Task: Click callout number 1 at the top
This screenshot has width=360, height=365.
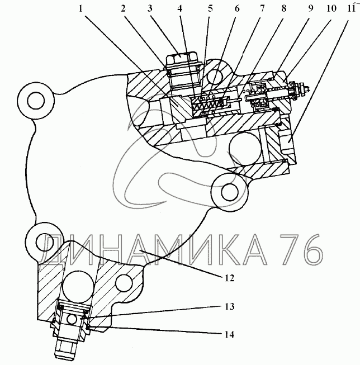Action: click(80, 9)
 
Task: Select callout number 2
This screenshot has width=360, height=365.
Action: click(123, 8)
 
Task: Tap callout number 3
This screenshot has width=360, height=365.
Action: click(150, 8)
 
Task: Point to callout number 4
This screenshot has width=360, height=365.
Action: click(179, 8)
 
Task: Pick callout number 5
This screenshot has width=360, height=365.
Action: click(210, 8)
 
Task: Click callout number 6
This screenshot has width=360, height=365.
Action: click(237, 8)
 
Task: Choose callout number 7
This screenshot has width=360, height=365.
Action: click(262, 8)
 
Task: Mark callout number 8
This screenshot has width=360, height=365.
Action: click(284, 8)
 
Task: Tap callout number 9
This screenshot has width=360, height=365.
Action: click(311, 8)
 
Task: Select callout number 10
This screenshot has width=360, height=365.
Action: click(331, 8)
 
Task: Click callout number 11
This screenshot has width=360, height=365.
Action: click(350, 8)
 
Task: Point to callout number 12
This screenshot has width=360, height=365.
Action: click(229, 278)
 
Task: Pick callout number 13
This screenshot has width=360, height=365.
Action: click(229, 306)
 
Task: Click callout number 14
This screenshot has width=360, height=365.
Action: click(229, 335)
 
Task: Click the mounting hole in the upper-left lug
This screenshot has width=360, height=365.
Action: click(36, 101)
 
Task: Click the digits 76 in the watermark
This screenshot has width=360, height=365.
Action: click(301, 250)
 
